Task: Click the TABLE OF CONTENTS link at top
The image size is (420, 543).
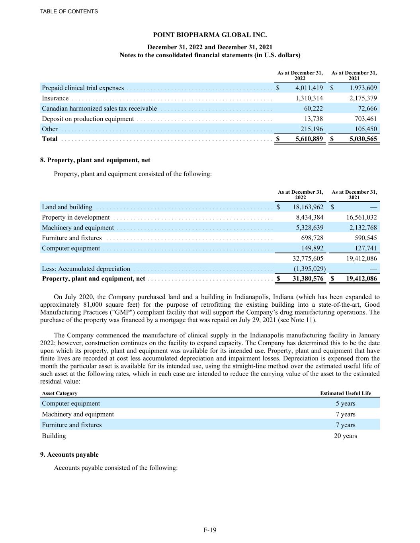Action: click(x=69, y=12)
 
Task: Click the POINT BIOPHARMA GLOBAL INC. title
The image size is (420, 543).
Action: click(x=210, y=35)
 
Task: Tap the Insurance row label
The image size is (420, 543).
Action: click(x=55, y=98)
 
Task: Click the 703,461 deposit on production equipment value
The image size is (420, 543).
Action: click(x=365, y=119)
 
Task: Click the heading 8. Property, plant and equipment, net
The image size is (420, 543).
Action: click(x=95, y=160)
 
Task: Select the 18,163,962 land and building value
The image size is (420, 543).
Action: click(x=308, y=207)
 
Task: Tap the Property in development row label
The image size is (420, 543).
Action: click(x=76, y=217)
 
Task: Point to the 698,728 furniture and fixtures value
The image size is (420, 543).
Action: click(x=312, y=238)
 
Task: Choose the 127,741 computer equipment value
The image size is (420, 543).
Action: click(x=365, y=248)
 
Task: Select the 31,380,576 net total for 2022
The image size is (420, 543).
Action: click(x=308, y=278)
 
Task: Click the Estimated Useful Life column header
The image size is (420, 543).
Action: click(x=345, y=393)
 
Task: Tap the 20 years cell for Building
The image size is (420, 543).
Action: click(x=345, y=436)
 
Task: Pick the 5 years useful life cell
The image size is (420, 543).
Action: click(x=345, y=403)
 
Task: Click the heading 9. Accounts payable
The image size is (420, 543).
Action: click(x=69, y=455)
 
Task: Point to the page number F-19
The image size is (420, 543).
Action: click(x=210, y=530)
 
